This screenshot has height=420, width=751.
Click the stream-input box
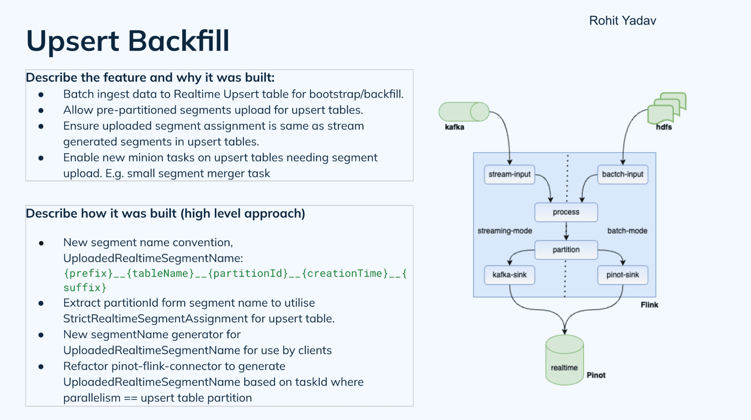pos(509,175)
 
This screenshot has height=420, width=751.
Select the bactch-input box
pos(622,175)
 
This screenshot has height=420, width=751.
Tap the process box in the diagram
pos(566,212)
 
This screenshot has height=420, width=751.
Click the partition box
pos(566,250)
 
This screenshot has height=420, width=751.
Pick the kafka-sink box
pos(509,275)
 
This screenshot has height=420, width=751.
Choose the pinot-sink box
pos(622,275)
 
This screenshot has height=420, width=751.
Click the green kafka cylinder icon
pos(464,112)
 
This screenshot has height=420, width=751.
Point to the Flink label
pos(649,305)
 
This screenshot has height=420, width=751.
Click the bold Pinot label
pos(596,375)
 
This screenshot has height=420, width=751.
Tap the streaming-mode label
pos(505,231)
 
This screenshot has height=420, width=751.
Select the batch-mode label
pos(627,231)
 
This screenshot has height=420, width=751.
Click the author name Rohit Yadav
pos(622,21)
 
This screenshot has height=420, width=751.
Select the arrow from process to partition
pos(566,231)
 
